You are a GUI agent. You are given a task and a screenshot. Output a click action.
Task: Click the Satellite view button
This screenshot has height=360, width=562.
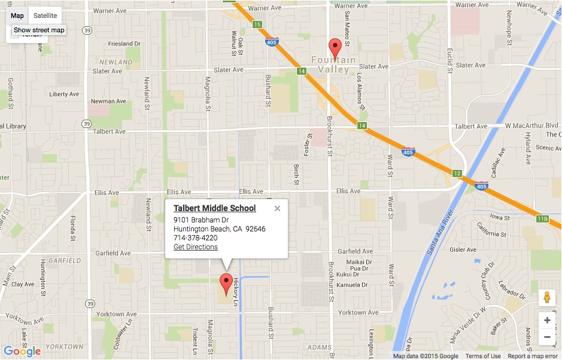[x=45, y=16]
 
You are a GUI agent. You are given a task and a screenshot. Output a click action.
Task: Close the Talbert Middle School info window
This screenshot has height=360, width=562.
[x=277, y=209]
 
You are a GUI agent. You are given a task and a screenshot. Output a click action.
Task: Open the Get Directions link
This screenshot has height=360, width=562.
[x=196, y=247]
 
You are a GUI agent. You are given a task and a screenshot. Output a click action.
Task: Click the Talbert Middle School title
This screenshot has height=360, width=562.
[x=214, y=208]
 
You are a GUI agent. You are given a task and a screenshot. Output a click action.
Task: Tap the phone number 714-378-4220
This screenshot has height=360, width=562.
[x=195, y=238]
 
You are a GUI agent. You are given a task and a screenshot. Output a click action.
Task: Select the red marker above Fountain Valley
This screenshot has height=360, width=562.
[x=336, y=47]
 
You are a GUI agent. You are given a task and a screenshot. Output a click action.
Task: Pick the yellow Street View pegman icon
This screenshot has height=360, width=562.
[x=547, y=297]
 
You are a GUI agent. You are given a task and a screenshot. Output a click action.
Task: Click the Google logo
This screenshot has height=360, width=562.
[x=22, y=351]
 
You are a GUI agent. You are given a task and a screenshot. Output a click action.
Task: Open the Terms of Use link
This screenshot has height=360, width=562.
[x=483, y=356]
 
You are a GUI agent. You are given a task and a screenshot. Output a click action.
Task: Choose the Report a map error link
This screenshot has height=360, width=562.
[x=534, y=356]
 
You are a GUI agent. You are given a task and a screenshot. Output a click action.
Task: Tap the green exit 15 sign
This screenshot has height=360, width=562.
[x=257, y=25]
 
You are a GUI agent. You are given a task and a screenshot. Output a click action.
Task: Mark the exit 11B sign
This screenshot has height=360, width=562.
[x=542, y=219]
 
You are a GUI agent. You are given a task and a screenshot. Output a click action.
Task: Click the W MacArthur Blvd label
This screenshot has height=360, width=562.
[x=531, y=126]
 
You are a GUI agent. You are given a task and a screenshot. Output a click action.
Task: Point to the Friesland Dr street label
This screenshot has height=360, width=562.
[x=124, y=44]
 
